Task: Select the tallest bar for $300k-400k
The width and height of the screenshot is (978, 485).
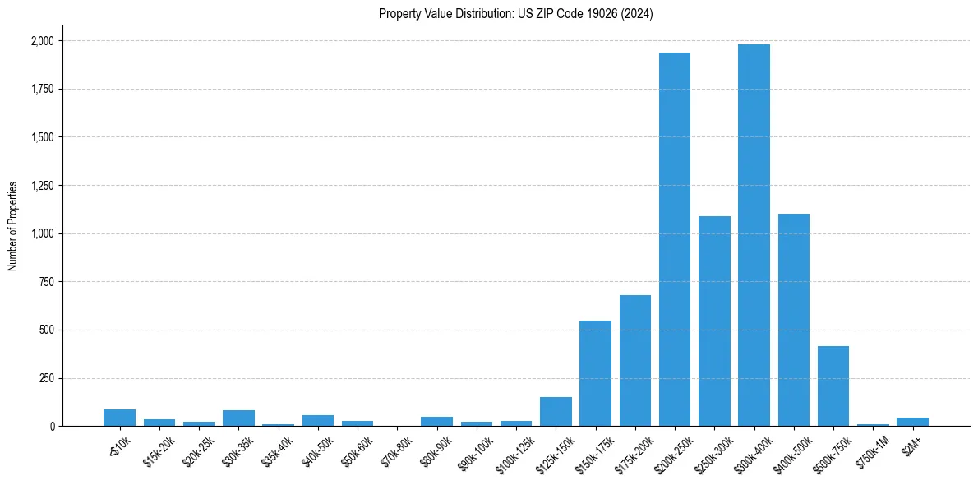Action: click(x=754, y=235)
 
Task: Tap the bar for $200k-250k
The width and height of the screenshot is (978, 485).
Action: click(x=674, y=239)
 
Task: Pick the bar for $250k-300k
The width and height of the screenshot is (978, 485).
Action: click(x=714, y=321)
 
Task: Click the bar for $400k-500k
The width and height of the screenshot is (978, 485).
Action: click(x=793, y=320)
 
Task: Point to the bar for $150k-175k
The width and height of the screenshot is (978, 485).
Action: click(x=595, y=373)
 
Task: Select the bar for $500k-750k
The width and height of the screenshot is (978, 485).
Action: click(x=833, y=386)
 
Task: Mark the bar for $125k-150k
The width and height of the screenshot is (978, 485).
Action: click(x=556, y=411)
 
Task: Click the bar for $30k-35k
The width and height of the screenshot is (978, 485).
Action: click(x=238, y=418)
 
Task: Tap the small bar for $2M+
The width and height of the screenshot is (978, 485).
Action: click(x=912, y=422)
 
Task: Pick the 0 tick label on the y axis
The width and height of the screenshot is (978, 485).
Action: click(x=52, y=427)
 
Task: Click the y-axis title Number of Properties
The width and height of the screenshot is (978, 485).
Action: click(x=13, y=226)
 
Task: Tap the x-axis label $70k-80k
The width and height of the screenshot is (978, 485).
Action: click(x=395, y=451)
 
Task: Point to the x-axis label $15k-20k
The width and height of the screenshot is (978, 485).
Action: click(x=159, y=451)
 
